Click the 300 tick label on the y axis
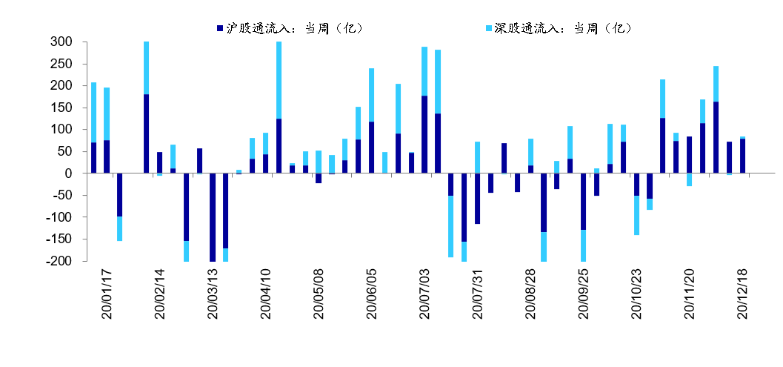pos(61,42)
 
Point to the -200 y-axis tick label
pos(59,261)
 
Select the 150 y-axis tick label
pos(61,108)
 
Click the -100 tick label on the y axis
pos(59,217)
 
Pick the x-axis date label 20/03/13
pos(213,294)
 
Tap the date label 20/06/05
pos(372,294)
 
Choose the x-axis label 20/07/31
pos(478,294)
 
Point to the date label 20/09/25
pos(583,294)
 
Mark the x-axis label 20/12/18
pos(742,294)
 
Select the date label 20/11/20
pos(689,294)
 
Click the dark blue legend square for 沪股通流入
pos(220,28)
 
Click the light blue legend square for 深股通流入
pos(489,28)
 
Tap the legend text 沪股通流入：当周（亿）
pos(293,28)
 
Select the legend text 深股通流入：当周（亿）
pos(562,28)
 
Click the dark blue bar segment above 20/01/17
pos(93,158)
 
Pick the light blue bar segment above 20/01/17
pos(93,112)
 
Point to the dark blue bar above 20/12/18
pos(742,156)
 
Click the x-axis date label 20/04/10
pos(266,294)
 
